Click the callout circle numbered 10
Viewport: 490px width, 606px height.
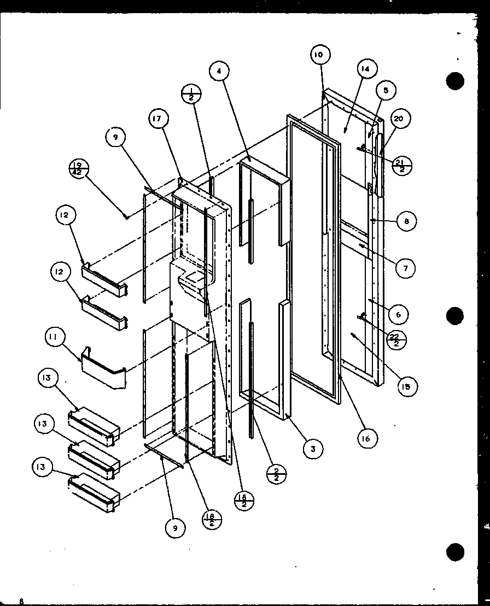click(x=319, y=55)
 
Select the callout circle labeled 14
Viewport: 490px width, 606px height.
click(x=365, y=69)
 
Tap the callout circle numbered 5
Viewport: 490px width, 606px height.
click(x=386, y=91)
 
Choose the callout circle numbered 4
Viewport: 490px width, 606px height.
click(x=220, y=70)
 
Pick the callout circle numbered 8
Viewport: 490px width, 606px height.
click(x=407, y=221)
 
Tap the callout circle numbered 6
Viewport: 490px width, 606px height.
click(x=399, y=314)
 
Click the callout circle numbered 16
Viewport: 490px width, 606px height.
click(x=369, y=437)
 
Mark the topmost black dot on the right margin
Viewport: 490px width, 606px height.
click(x=455, y=82)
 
